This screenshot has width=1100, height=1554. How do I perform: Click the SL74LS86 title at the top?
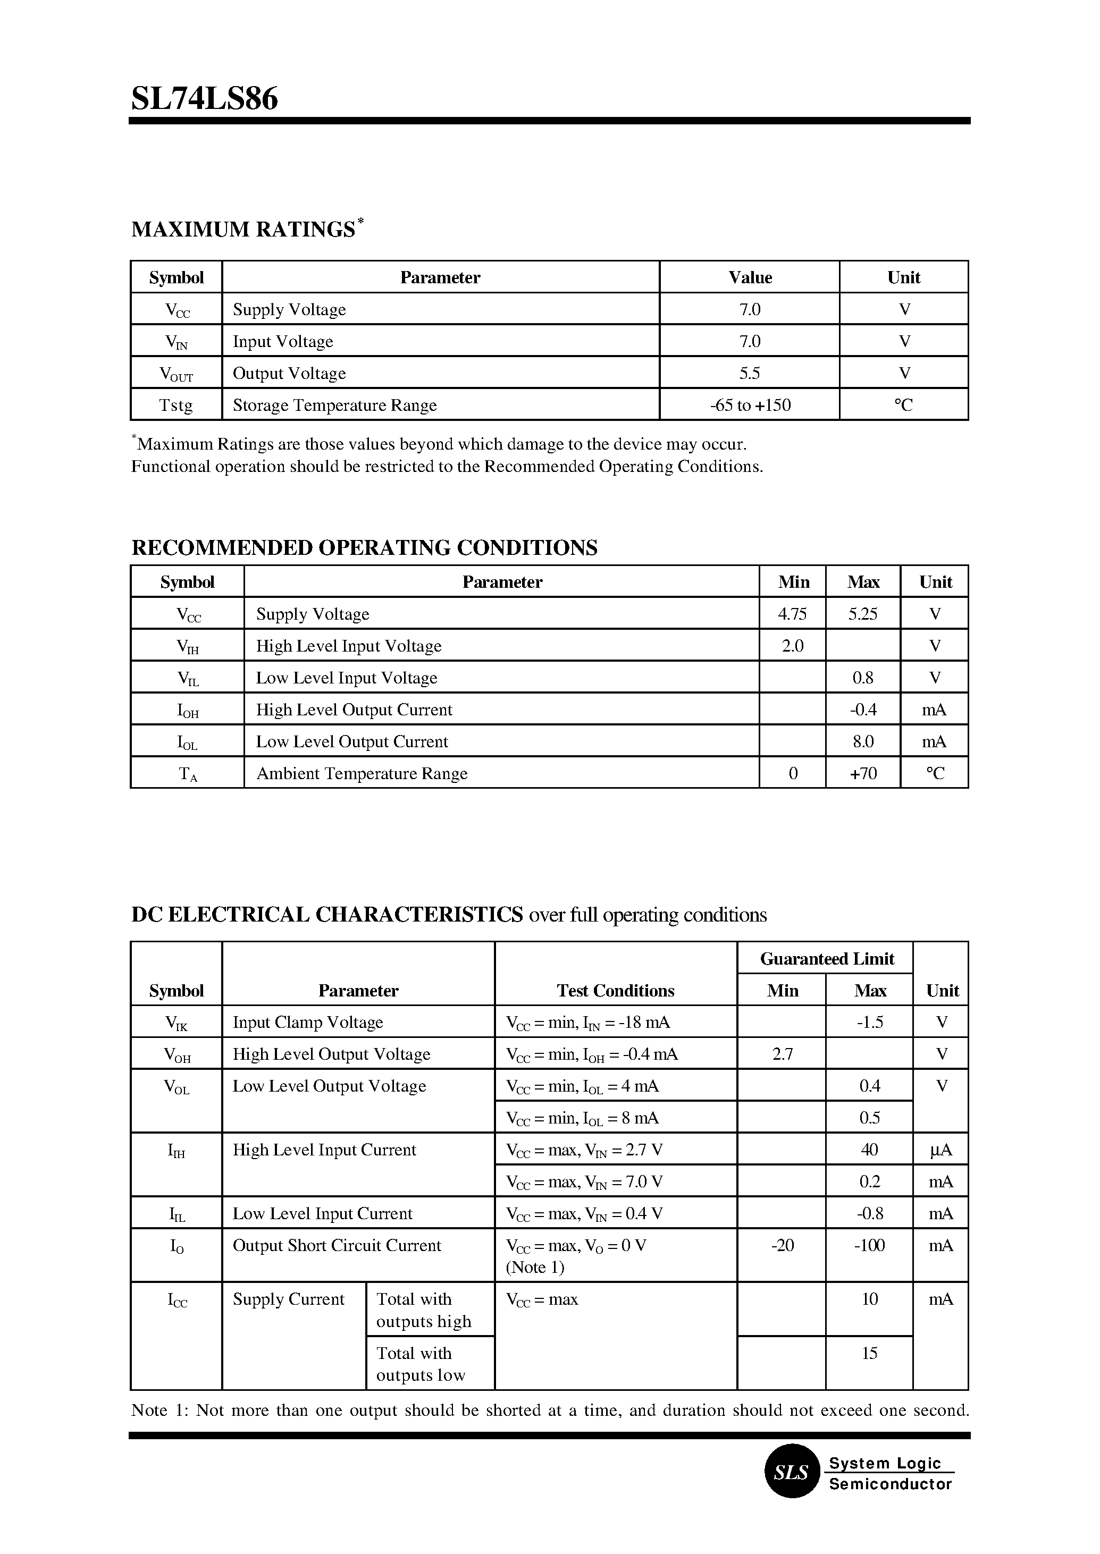pyautogui.click(x=205, y=99)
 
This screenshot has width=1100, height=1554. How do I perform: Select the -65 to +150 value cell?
pyautogui.click(x=750, y=405)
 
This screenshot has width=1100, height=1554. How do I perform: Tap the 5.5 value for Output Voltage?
pyautogui.click(x=750, y=373)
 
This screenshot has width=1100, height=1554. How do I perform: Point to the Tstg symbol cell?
pyautogui.click(x=176, y=405)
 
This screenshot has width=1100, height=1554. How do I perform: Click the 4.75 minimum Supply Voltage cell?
pyautogui.click(x=793, y=613)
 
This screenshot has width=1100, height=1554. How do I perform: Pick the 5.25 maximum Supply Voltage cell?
pyautogui.click(x=863, y=613)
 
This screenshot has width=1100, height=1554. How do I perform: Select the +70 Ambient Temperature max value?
pyautogui.click(x=863, y=773)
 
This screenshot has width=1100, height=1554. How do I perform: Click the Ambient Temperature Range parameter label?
pyautogui.click(x=362, y=773)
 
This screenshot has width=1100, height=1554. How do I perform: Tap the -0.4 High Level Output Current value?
pyautogui.click(x=863, y=710)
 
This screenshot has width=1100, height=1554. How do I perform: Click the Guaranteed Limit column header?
pyautogui.click(x=827, y=958)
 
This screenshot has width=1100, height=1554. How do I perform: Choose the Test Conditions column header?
pyautogui.click(x=615, y=991)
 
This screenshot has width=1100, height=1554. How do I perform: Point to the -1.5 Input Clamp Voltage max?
pyautogui.click(x=870, y=1022)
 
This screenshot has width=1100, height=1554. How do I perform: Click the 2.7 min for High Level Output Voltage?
pyautogui.click(x=782, y=1053)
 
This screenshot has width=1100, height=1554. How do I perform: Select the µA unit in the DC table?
pyautogui.click(x=941, y=1150)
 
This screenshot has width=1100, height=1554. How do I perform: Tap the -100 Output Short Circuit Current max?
pyautogui.click(x=870, y=1245)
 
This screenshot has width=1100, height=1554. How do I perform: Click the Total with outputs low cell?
pyautogui.click(x=421, y=1364)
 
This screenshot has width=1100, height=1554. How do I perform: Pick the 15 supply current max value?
pyautogui.click(x=870, y=1353)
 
